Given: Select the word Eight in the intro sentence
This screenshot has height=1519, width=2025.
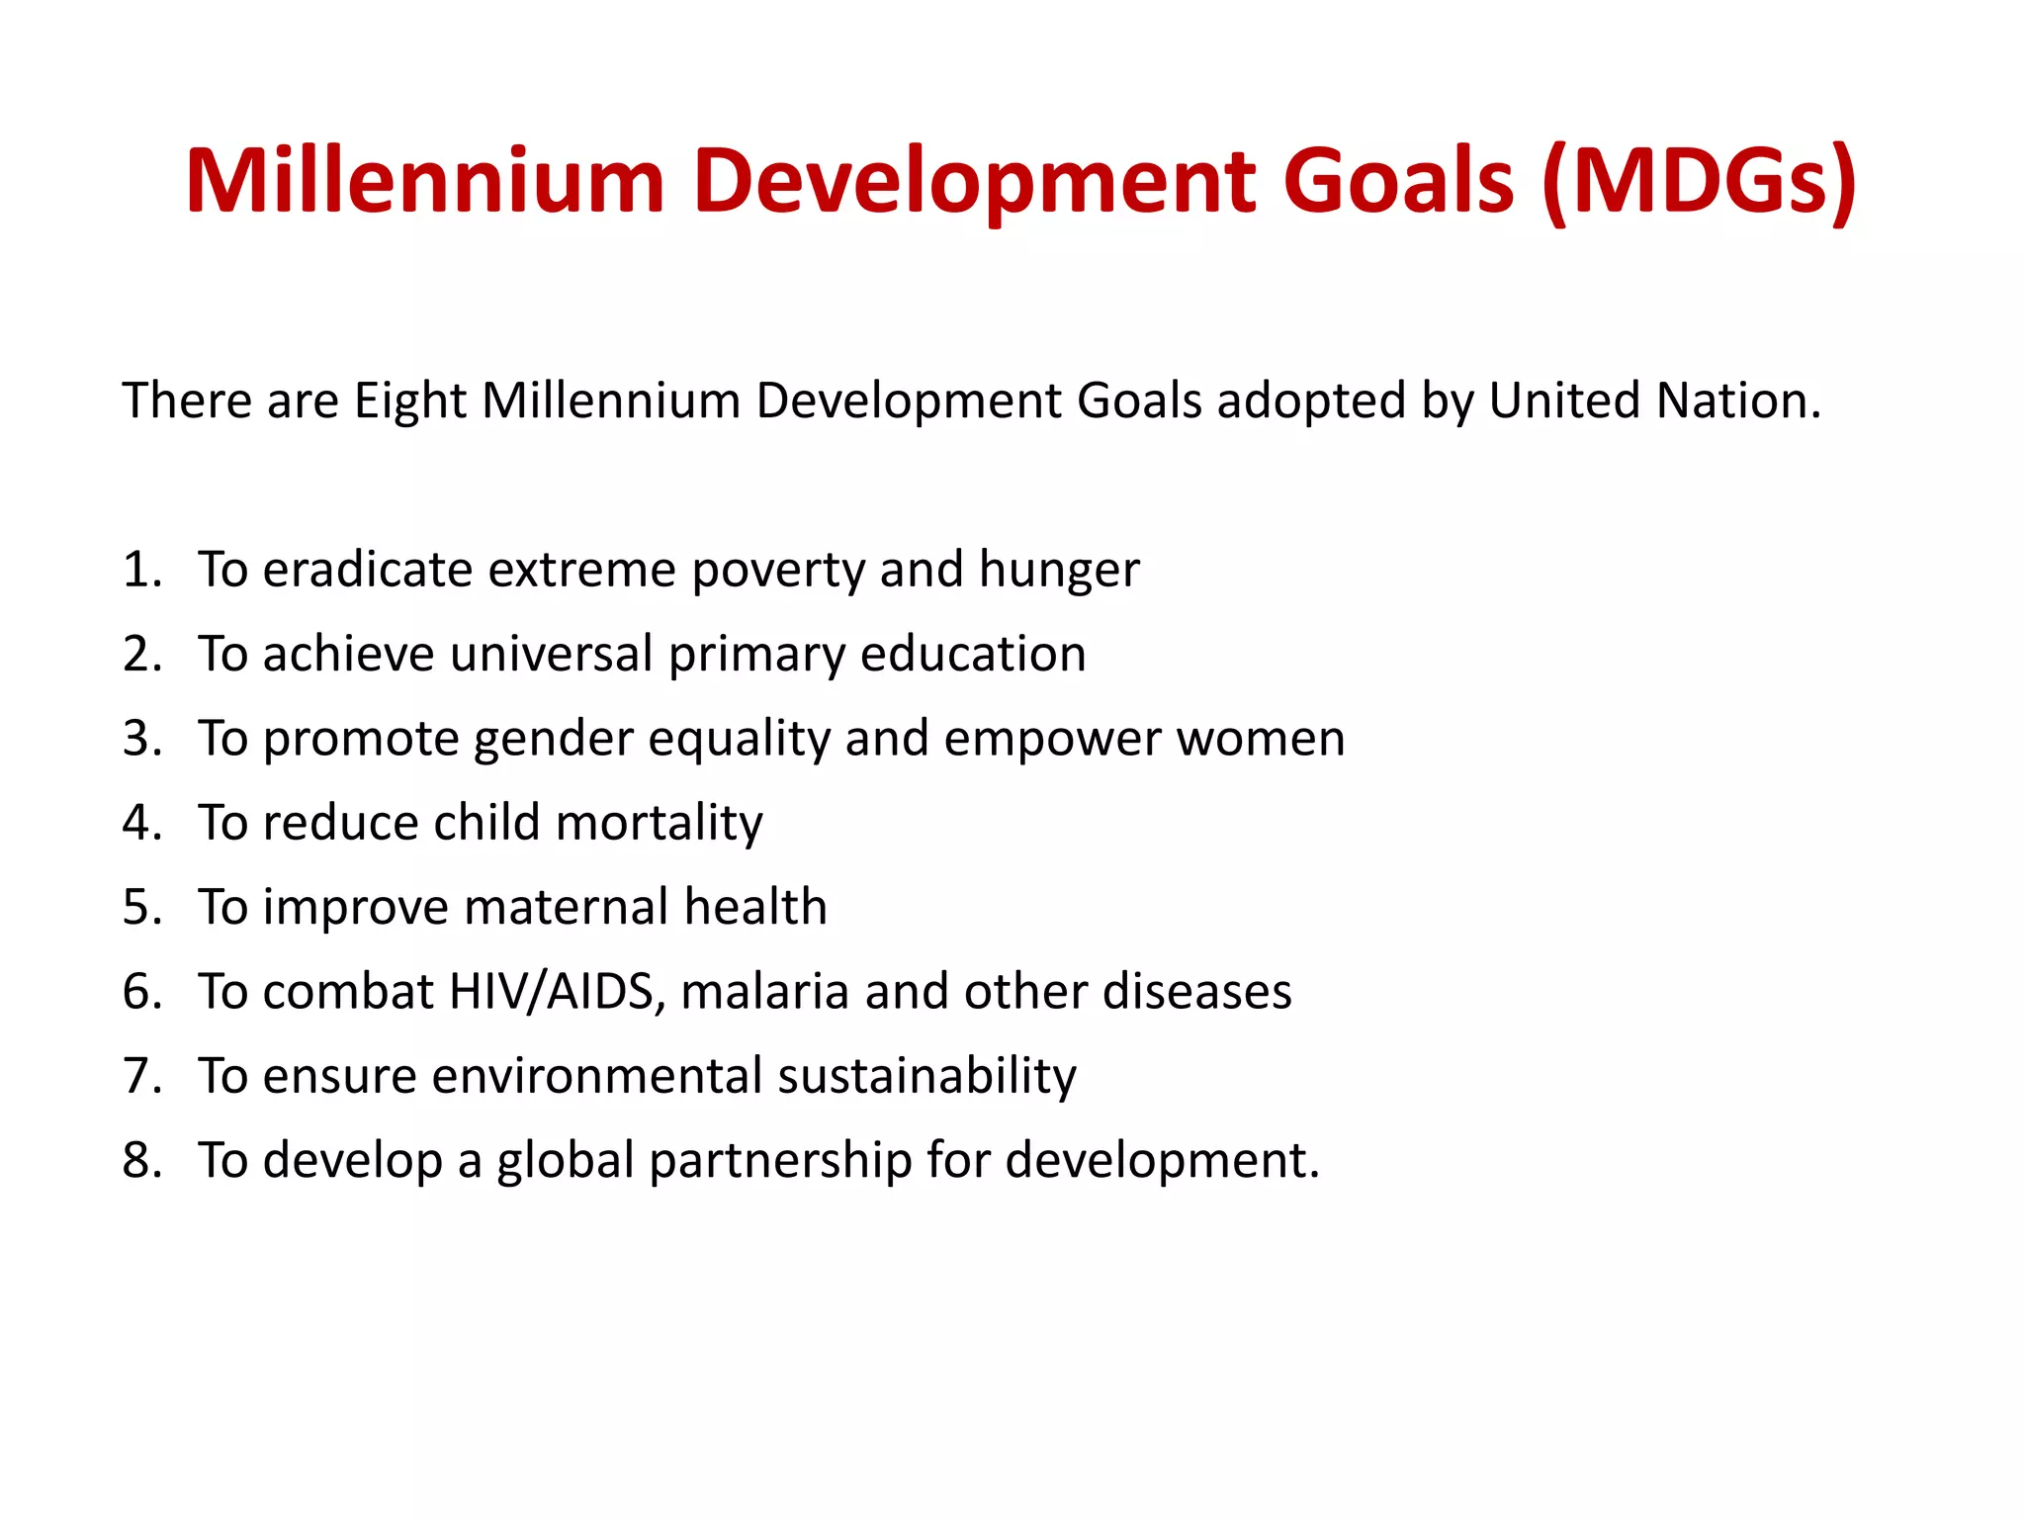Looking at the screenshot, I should (410, 402).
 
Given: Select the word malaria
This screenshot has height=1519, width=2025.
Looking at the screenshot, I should (764, 992).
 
